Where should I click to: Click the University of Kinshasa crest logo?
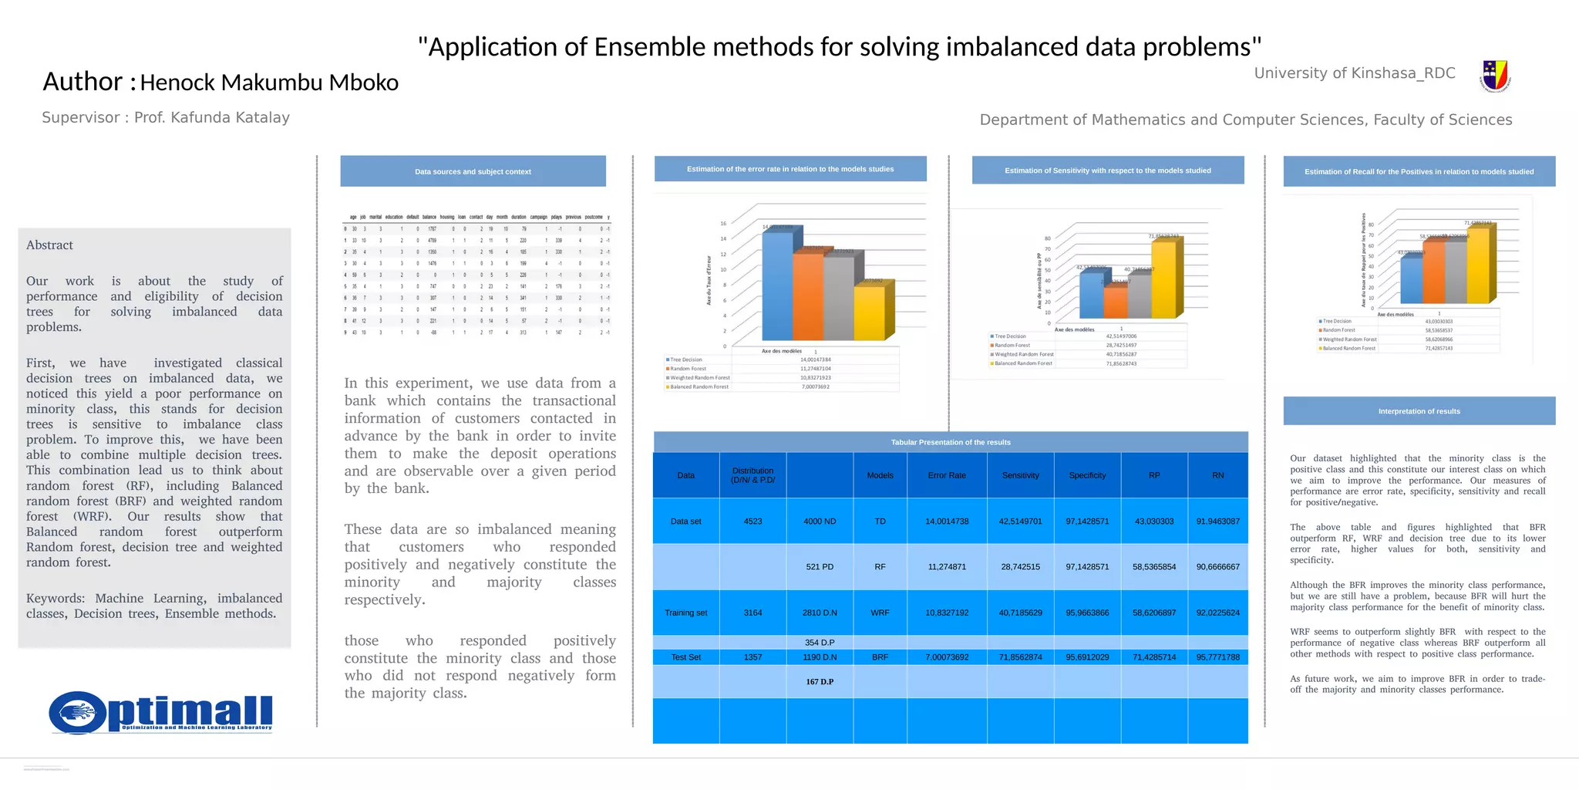click(1495, 76)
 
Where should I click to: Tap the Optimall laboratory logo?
click(161, 712)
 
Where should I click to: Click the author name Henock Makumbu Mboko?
click(269, 83)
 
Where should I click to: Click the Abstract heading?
click(49, 245)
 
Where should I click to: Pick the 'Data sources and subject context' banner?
click(473, 171)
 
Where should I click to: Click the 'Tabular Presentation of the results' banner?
click(951, 442)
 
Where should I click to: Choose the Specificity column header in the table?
click(1087, 475)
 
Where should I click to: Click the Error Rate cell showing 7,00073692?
click(947, 657)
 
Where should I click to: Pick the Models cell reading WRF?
click(880, 613)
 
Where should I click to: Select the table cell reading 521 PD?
click(820, 567)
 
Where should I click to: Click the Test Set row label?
click(685, 657)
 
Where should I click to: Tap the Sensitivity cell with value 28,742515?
click(1020, 567)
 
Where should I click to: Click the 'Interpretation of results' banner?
click(1419, 411)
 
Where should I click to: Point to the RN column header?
click(1217, 475)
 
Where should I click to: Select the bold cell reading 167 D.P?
click(820, 682)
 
